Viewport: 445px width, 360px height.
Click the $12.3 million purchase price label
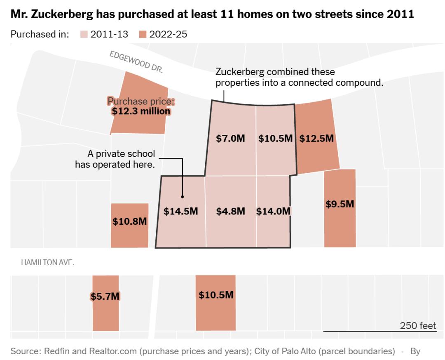click(x=141, y=111)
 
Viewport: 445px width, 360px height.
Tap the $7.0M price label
click(x=230, y=139)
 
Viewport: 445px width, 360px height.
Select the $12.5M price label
click(x=316, y=139)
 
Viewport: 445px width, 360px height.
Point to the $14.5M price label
click(x=181, y=212)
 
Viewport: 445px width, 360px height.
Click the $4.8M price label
click(x=230, y=212)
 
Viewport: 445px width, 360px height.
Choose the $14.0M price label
click(x=273, y=212)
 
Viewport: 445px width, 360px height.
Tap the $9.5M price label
click(x=340, y=204)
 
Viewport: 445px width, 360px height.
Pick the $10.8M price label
click(x=129, y=221)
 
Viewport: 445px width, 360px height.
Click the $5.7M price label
click(x=105, y=296)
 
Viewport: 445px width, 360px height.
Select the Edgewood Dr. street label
click(x=136, y=62)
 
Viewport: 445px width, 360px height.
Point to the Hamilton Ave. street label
click(x=48, y=262)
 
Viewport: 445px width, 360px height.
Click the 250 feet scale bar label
click(x=418, y=326)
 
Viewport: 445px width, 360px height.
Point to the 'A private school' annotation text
click(x=122, y=154)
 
